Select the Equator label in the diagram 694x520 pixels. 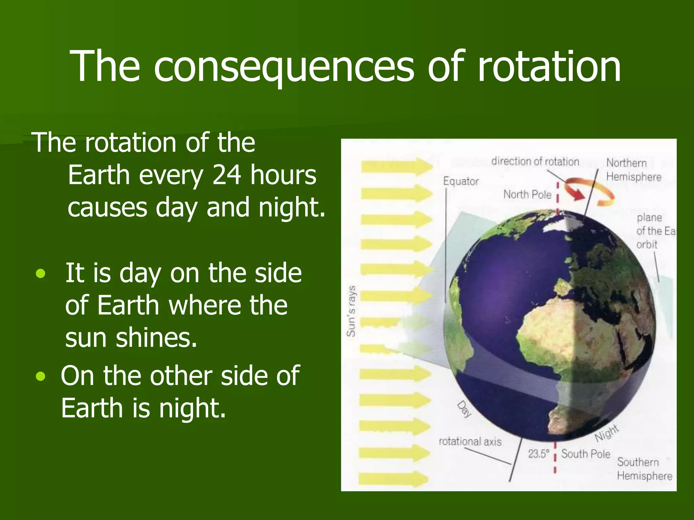(461, 181)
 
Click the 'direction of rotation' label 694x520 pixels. (535, 162)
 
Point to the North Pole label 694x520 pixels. (527, 195)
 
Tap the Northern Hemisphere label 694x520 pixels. (633, 170)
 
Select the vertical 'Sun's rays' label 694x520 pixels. (351, 311)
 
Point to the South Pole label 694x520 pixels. (585, 454)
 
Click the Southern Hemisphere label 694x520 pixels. (644, 469)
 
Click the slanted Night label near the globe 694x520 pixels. (607, 433)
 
